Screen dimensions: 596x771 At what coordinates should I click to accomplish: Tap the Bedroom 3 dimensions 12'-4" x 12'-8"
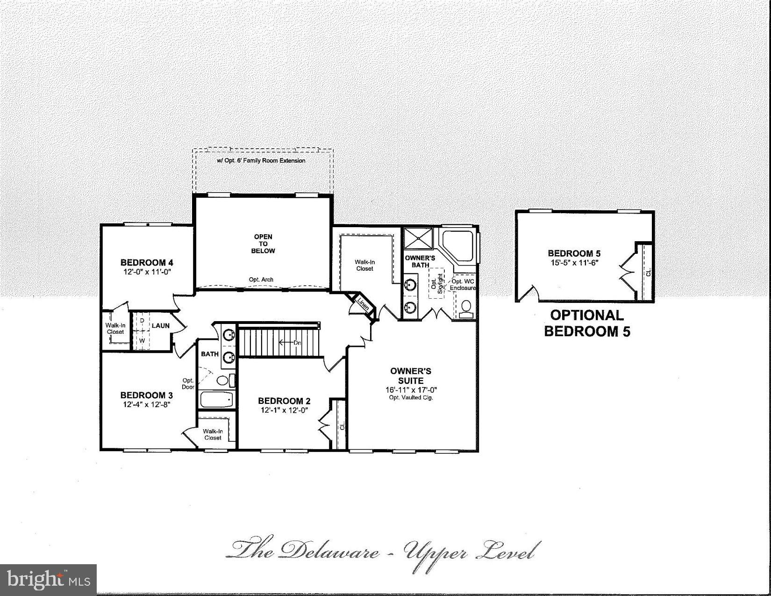(146, 405)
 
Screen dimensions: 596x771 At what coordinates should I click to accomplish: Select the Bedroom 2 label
(284, 401)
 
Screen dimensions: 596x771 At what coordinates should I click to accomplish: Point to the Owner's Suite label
(411, 376)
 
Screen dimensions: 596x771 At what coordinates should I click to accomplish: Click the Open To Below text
(263, 244)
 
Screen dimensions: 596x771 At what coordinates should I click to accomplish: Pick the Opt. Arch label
(261, 280)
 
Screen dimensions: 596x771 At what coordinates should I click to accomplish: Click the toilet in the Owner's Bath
(466, 309)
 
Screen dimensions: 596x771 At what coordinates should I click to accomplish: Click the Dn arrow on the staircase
(290, 343)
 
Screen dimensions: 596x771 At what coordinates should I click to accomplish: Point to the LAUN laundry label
(160, 325)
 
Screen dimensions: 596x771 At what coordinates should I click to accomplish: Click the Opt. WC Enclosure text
(463, 285)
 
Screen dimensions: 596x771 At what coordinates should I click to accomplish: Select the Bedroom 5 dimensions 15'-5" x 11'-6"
(574, 263)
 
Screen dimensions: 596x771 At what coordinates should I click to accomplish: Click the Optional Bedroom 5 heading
(587, 323)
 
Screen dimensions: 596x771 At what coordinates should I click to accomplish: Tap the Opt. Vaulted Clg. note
(411, 398)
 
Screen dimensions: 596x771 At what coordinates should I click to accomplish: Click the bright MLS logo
(48, 580)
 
